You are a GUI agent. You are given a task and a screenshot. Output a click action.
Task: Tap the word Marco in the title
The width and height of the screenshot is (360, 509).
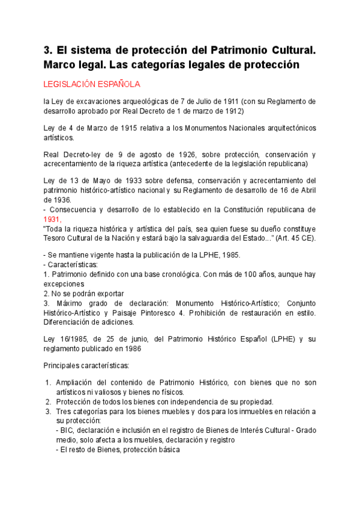pyautogui.click(x=62, y=64)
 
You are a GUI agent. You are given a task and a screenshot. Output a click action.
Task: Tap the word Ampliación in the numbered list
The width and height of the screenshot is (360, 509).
pyautogui.click(x=75, y=382)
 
